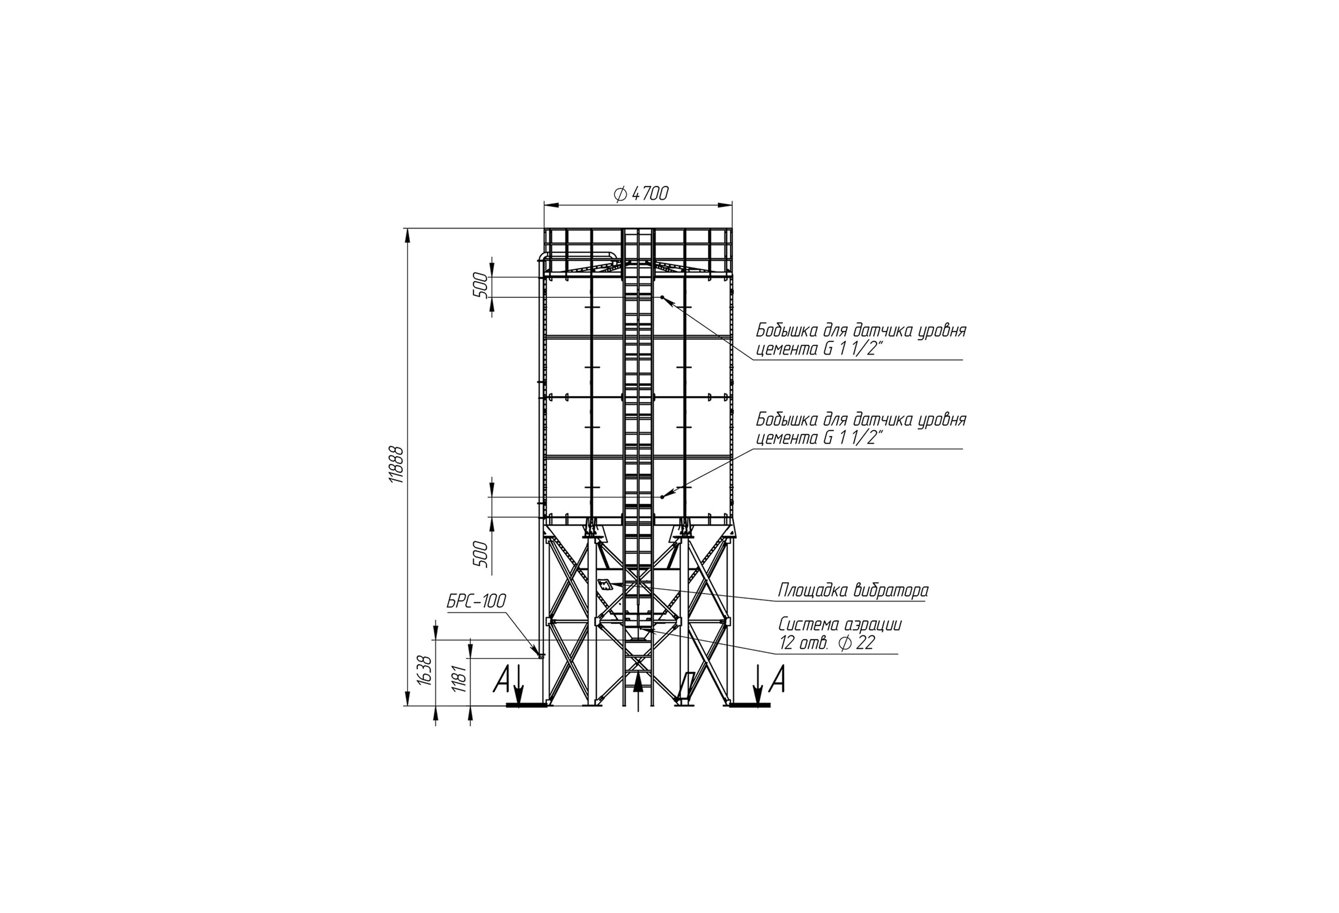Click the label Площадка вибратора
(x=854, y=590)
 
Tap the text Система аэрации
(x=840, y=624)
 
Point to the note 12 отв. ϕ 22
(x=827, y=643)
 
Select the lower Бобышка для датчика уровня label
(x=861, y=420)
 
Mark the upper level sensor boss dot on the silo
(x=663, y=297)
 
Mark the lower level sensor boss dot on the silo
(x=663, y=496)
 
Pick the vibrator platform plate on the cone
(x=605, y=584)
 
